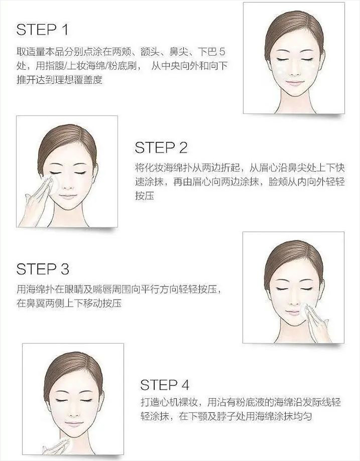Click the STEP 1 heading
click(42, 30)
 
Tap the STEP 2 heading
click(161, 148)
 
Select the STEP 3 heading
click(43, 269)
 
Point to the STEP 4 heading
click(165, 385)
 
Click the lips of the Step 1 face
click(295, 84)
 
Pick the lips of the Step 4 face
click(73, 425)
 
